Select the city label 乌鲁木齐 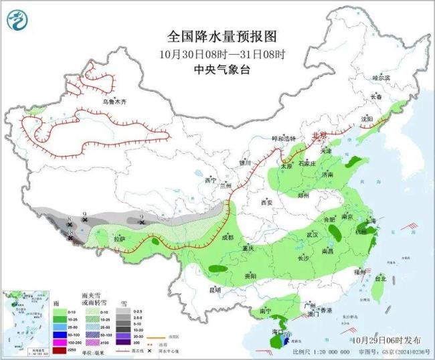114,102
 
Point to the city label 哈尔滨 380,78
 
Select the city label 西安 268,202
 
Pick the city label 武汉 312,234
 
